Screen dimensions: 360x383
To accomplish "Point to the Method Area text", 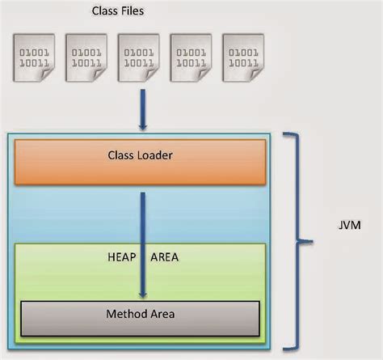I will tap(140, 314).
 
